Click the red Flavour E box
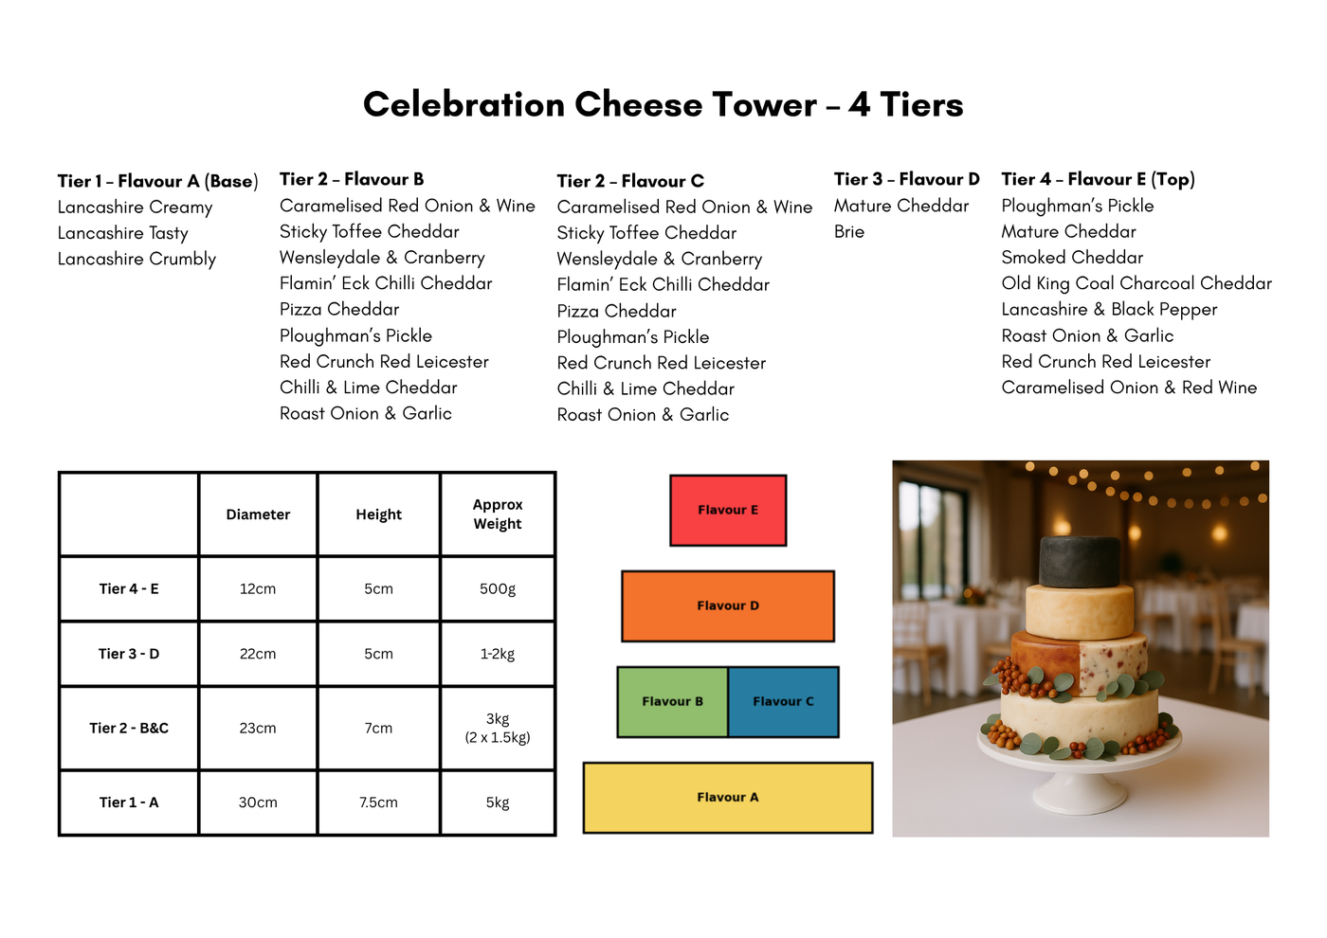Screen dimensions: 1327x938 (728, 510)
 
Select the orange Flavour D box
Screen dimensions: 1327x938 (728, 605)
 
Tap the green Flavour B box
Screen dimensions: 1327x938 (672, 702)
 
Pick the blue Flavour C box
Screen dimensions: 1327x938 (783, 702)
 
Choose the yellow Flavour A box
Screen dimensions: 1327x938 (728, 798)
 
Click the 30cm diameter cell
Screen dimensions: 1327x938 (258, 803)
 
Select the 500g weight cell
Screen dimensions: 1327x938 (498, 588)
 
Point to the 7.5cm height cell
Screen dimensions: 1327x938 (378, 803)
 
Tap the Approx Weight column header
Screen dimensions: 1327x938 (498, 514)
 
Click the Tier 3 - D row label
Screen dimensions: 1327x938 (129, 654)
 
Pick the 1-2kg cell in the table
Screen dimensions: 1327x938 (498, 654)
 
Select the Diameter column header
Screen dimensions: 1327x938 (258, 514)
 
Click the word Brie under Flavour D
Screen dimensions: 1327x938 (849, 231)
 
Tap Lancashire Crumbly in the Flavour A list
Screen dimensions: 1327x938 (136, 259)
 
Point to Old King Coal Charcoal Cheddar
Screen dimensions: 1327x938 (1136, 283)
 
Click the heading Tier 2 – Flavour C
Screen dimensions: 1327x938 (630, 181)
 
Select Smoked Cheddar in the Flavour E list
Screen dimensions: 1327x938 (1072, 258)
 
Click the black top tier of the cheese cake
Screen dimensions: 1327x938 (1080, 561)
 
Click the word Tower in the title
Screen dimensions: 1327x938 (765, 105)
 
